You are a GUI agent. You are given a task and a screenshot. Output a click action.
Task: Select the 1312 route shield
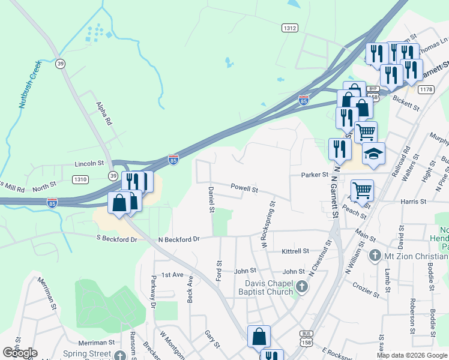pos(290,28)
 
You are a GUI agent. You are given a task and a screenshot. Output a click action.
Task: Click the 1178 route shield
pos(426,89)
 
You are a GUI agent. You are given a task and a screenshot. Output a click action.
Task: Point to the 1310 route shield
pos(80,179)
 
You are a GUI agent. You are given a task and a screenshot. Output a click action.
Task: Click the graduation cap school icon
pos(373,154)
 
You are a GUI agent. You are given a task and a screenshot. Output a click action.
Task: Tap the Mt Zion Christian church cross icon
pos(375,256)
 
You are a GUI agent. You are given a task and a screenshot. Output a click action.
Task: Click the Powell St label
pos(244,189)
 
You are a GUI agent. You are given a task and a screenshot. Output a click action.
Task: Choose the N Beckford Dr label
pos(178,239)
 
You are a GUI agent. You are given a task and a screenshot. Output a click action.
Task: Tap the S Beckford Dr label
pos(116,239)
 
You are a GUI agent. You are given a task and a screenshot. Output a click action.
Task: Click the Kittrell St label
pos(294,251)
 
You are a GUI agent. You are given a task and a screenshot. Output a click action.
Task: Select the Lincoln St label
pos(89,163)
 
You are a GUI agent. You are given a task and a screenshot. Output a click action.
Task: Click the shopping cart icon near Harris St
pos(362,191)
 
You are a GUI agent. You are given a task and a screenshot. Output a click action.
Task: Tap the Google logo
pos(20,353)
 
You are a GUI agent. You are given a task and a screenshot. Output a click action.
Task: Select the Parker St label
pos(315,175)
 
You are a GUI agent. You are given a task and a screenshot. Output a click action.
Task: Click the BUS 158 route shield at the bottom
pos(307,337)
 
